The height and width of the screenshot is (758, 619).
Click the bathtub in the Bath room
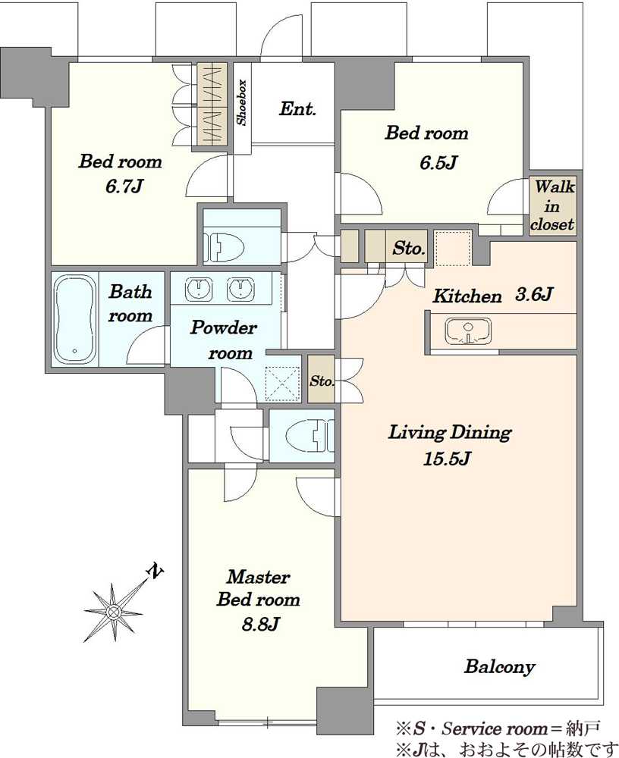click(x=74, y=320)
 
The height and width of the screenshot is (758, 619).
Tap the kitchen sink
click(x=467, y=330)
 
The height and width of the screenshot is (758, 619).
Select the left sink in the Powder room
click(x=199, y=289)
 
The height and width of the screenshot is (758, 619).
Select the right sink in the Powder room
click(x=240, y=289)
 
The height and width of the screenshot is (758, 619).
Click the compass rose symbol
click(x=113, y=612)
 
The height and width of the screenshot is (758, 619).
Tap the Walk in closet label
click(x=552, y=205)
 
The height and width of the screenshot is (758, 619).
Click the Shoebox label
click(x=241, y=102)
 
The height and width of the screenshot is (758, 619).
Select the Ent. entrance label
click(x=297, y=108)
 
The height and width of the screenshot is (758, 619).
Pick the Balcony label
click(x=499, y=666)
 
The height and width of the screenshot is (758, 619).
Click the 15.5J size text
click(x=447, y=458)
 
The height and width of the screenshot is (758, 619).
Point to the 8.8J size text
click(x=259, y=625)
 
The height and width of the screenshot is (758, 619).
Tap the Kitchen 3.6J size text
click(x=533, y=294)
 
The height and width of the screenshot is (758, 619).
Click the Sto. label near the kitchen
click(x=409, y=249)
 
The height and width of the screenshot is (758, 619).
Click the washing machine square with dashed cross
click(x=284, y=384)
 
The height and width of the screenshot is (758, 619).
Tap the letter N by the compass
click(x=155, y=572)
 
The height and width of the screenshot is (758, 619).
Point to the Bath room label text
click(x=130, y=304)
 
